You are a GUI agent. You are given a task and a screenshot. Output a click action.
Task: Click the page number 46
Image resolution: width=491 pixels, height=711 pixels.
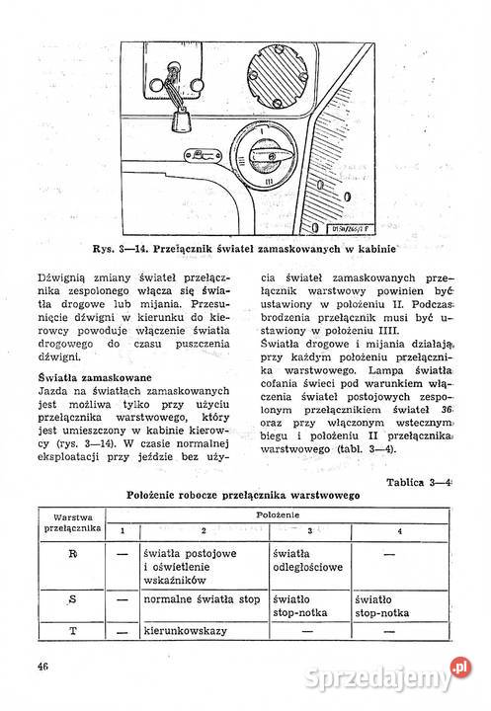click(43, 667)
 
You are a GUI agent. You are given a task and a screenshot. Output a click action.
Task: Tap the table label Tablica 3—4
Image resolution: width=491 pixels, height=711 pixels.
click(419, 482)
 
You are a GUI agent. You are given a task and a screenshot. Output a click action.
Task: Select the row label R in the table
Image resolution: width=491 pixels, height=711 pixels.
click(72, 554)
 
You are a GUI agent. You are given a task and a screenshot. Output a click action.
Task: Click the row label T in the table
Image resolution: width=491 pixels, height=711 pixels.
click(72, 630)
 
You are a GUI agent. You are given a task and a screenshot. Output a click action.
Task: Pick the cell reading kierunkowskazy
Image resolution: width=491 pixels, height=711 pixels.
click(185, 631)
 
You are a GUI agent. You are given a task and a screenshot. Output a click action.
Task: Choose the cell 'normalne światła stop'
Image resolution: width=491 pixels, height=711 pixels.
click(202, 599)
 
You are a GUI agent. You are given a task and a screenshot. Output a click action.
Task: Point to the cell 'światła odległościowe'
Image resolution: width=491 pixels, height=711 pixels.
click(307, 561)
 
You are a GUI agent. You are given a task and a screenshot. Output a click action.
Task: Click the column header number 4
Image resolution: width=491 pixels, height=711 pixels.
click(400, 531)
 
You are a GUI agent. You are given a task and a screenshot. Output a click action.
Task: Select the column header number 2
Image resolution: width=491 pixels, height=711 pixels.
click(204, 530)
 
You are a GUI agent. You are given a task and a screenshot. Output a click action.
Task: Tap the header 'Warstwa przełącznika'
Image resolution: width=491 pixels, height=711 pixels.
click(72, 522)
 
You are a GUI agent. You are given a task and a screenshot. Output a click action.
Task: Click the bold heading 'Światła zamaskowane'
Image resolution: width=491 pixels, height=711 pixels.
click(95, 377)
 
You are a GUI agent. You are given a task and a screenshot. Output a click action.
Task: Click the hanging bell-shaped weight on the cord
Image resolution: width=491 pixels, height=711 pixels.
click(183, 119)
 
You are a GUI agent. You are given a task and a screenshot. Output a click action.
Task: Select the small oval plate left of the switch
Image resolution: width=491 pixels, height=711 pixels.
click(203, 156)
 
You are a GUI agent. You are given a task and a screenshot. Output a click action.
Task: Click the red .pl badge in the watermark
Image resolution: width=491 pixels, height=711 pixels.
click(460, 668)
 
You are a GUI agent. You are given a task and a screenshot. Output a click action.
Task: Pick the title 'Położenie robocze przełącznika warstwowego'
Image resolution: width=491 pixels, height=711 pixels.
click(243, 495)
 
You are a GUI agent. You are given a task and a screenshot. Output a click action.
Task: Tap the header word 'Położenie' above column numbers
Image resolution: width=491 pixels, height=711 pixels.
click(278, 514)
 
